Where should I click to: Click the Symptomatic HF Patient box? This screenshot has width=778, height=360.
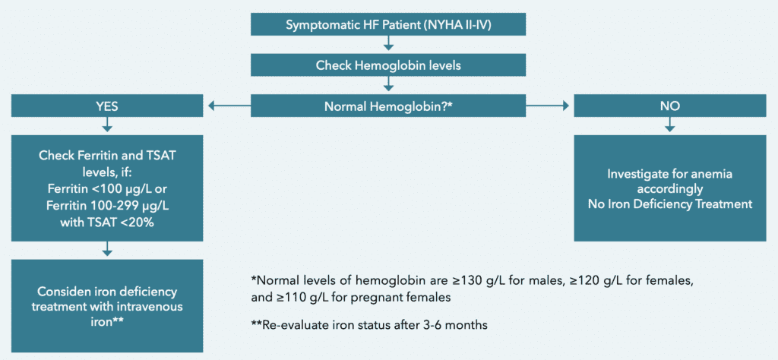tap(389, 24)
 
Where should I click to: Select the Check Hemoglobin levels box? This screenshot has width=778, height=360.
tap(389, 65)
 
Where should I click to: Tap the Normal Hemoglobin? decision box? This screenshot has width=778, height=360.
tap(389, 106)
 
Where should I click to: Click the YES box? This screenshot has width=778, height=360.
tap(107, 106)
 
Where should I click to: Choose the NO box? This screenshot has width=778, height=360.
tap(669, 106)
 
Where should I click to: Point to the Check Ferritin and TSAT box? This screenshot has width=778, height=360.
tap(107, 188)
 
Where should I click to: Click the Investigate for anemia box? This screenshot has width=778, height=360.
tap(669, 188)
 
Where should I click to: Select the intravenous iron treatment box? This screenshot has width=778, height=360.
tap(107, 306)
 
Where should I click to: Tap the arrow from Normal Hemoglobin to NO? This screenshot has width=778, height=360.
tap(546, 106)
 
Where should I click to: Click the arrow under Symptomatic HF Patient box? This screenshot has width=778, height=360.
tap(389, 45)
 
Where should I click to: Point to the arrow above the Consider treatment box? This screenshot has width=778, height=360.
tap(107, 249)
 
